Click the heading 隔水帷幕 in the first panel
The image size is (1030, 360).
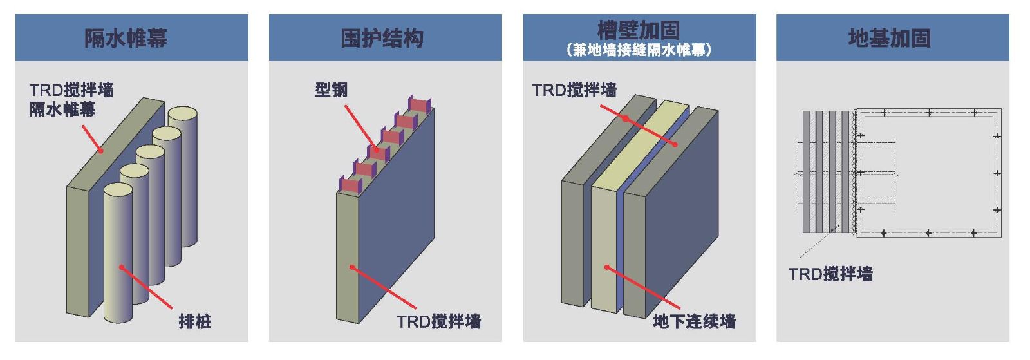click(126, 38)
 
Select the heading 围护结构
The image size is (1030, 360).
click(382, 38)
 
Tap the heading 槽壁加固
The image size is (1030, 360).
click(638, 30)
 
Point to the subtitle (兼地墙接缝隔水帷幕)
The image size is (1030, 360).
click(639, 50)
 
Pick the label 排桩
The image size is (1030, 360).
click(195, 321)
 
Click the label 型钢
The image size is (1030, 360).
click(331, 90)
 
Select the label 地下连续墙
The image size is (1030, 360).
click(694, 321)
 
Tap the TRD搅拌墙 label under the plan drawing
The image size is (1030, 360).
click(830, 274)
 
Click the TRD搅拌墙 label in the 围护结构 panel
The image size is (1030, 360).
click(438, 321)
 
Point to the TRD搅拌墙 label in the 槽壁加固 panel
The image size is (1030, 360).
click(574, 90)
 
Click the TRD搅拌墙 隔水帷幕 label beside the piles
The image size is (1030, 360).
click(71, 99)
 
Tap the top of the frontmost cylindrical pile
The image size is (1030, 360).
click(118, 191)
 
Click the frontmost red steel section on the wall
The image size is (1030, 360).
click(351, 185)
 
